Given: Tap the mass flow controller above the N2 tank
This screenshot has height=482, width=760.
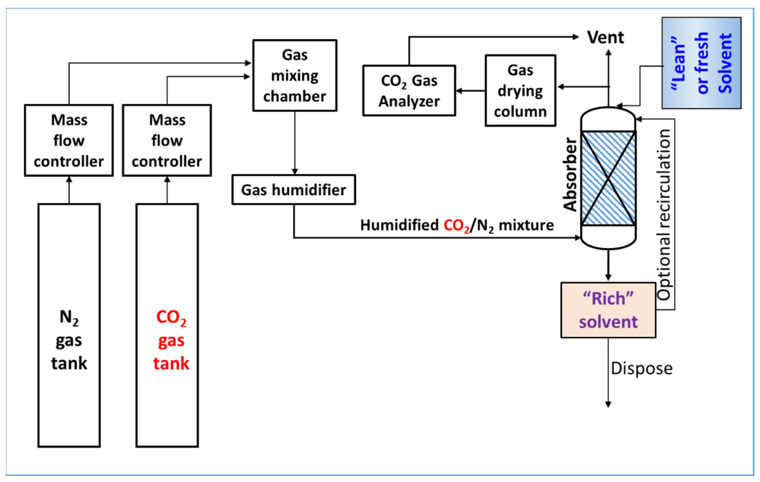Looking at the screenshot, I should point(69,140).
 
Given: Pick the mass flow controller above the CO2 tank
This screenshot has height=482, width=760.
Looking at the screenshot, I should point(167,140).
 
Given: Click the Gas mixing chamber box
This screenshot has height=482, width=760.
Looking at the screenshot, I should point(294,75).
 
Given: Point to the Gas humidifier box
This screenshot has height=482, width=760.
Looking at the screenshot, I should point(294,190).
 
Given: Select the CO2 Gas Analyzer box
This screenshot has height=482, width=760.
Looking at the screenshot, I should point(409,91).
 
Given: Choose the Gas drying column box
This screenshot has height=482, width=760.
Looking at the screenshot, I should point(520,91).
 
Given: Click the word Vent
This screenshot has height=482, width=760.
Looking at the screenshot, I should point(605,38).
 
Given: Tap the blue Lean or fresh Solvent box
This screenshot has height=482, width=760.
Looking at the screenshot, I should point(701,63).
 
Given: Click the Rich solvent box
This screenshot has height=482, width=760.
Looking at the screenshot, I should point(608,310).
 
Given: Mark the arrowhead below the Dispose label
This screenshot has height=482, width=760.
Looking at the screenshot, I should point(608,405).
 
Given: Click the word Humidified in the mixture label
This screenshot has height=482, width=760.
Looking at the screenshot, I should point(399,225).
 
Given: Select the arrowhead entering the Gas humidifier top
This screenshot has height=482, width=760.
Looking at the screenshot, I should point(295,172).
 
